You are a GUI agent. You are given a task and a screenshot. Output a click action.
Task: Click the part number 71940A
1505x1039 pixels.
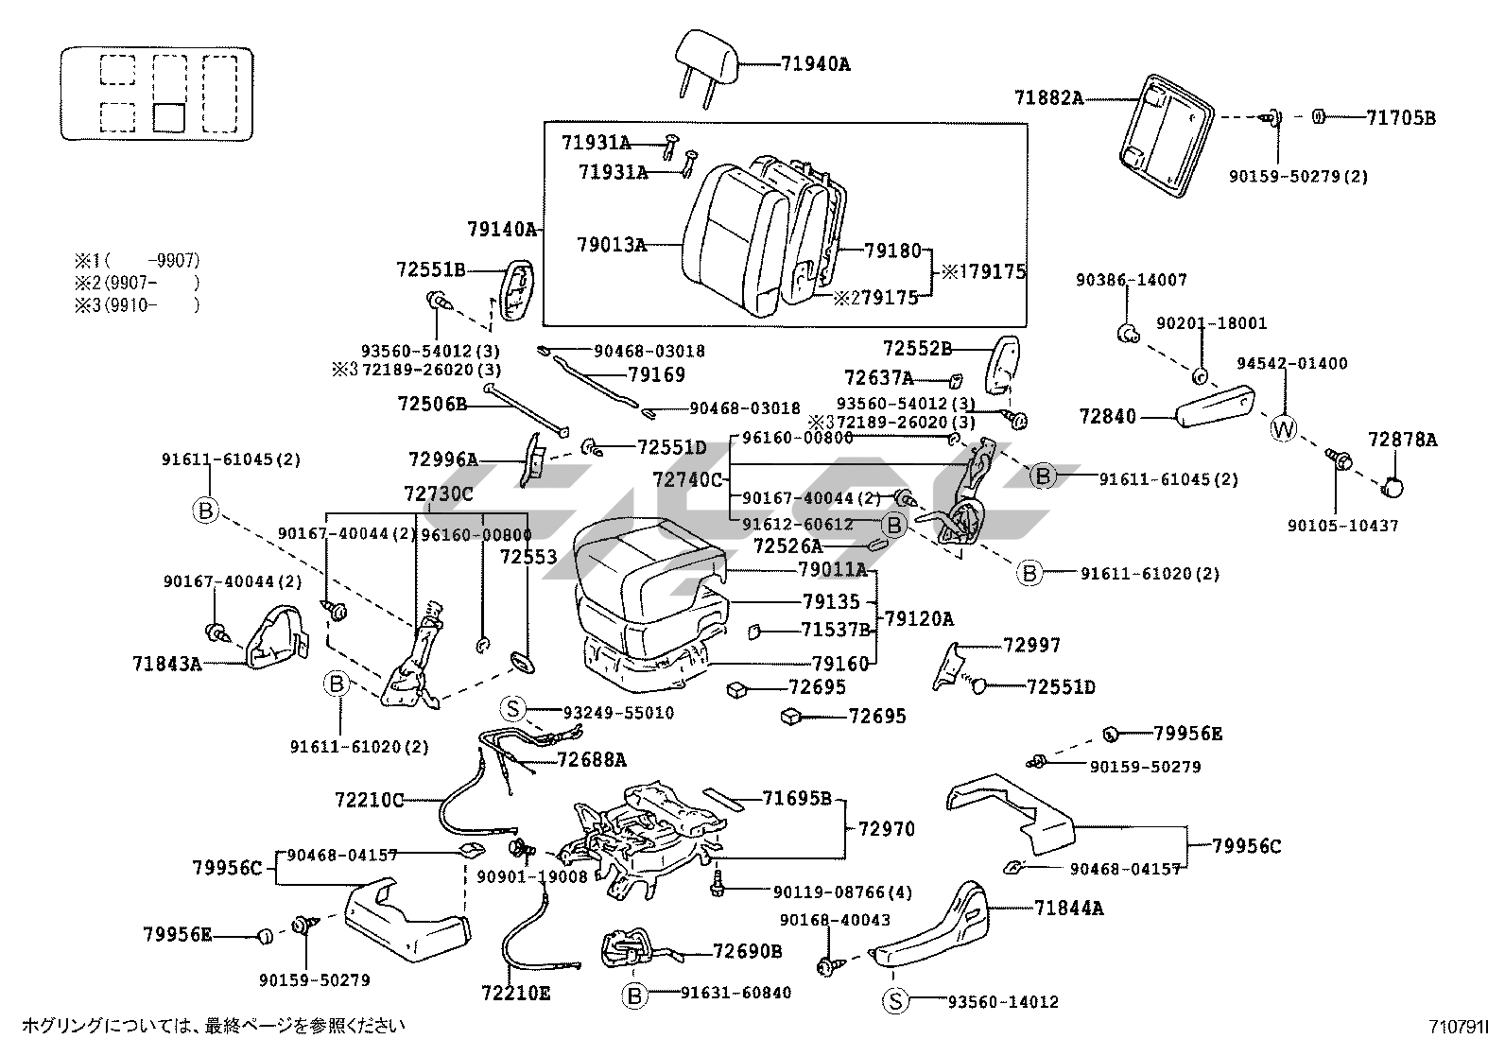[815, 64]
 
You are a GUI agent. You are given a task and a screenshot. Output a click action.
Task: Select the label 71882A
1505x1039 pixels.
[1048, 97]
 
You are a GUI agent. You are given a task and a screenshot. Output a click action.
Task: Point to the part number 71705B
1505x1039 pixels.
[1400, 118]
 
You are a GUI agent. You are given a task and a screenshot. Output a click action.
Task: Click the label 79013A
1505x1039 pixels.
[612, 245]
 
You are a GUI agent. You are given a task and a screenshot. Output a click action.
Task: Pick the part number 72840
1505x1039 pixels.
[1108, 416]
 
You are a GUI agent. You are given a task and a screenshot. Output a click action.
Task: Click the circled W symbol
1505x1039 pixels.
[1283, 428]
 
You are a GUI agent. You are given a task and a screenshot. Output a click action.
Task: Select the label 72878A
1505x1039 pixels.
[1403, 439]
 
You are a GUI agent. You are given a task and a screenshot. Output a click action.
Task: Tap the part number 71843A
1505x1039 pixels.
[167, 664]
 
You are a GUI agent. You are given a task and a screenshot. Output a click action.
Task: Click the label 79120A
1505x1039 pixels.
[919, 619]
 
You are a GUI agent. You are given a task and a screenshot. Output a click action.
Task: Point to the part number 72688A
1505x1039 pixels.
[592, 758]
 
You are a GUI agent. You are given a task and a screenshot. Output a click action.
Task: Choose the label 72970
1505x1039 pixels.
[887, 829]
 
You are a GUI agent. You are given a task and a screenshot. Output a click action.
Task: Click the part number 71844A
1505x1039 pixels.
[1068, 909]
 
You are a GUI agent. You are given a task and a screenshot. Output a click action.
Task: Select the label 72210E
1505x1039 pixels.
[515, 994]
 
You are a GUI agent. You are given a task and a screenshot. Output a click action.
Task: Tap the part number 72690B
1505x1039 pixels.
[747, 951]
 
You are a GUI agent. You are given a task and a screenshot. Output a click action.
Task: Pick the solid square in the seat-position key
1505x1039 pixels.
[168, 117]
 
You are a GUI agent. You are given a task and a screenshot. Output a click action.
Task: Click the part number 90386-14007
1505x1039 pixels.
[1131, 280]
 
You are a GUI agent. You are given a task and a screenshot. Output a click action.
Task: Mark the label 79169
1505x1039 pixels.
[656, 375]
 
